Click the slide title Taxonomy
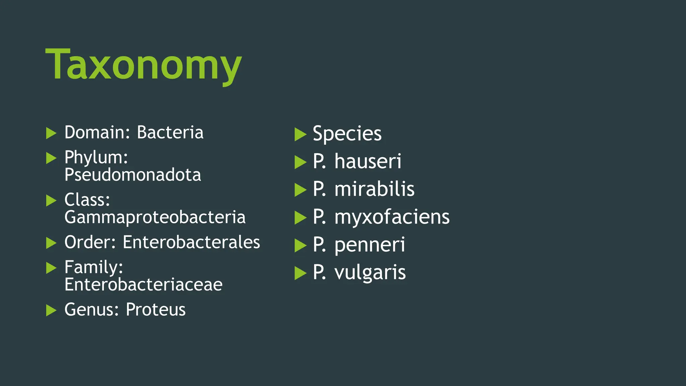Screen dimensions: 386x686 (x=143, y=64)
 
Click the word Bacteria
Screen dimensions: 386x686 (x=170, y=132)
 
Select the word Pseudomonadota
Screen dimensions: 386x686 (x=133, y=175)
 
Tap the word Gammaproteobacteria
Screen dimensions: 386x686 (x=155, y=217)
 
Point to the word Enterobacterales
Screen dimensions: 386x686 (x=191, y=242)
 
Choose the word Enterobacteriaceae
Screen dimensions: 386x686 (x=143, y=285)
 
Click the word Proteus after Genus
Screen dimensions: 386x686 (x=155, y=310)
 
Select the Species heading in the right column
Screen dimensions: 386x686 (x=347, y=134)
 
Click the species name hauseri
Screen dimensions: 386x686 (x=368, y=162)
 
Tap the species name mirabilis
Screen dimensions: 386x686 (x=374, y=189)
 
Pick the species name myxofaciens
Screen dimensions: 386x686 (x=392, y=217)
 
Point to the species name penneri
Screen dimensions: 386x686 (x=369, y=245)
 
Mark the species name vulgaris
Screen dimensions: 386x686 (x=370, y=272)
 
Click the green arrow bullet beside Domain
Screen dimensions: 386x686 (x=51, y=133)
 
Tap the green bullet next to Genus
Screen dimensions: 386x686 (x=51, y=310)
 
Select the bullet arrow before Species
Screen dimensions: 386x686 (x=300, y=135)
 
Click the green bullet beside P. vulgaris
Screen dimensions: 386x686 (x=300, y=273)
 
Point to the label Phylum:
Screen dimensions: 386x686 (x=96, y=157)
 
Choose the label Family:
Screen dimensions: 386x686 (x=93, y=267)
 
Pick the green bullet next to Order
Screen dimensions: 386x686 (x=51, y=243)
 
